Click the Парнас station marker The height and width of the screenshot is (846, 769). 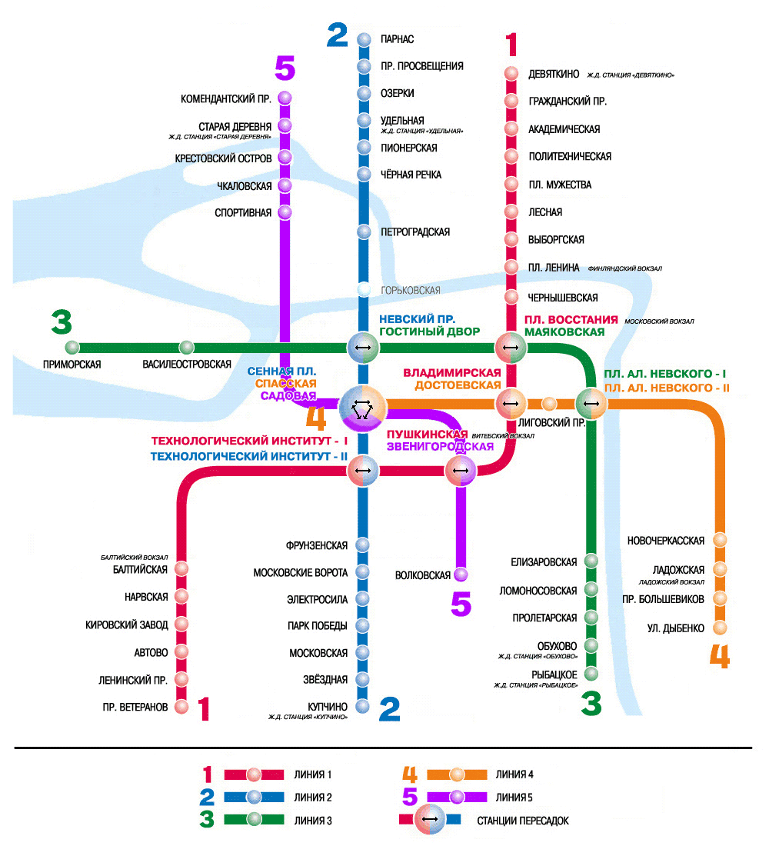365,39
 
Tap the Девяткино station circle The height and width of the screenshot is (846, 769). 511,73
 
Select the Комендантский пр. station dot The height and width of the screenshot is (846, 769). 285,98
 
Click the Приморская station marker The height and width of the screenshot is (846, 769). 72,348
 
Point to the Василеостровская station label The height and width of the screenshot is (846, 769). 187,365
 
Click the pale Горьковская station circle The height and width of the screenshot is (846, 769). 365,290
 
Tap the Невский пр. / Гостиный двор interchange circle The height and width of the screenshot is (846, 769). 363,348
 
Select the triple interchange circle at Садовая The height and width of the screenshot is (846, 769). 363,408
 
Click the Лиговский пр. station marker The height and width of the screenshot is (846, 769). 549,404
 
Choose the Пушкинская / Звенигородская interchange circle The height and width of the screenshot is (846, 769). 461,471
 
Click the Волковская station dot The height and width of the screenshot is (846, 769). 461,575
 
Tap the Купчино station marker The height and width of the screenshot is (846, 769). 362,706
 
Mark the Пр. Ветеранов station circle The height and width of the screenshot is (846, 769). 181,707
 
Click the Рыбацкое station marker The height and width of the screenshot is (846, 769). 591,674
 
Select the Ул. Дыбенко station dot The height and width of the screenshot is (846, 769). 720,628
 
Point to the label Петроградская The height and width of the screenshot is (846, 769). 415,232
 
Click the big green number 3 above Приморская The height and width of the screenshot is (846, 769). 62,322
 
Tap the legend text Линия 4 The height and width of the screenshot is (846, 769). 514,774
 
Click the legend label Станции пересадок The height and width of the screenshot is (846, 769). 523,821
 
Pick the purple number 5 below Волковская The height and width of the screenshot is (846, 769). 461,604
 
